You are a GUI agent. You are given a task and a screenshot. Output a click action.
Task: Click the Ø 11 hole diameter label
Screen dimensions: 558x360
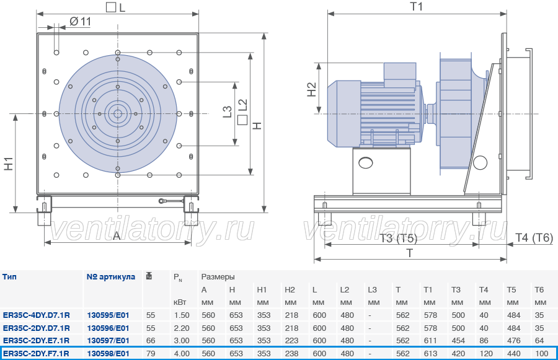(81, 22)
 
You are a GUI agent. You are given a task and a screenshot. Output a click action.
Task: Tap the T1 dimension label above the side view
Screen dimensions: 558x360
(417, 6)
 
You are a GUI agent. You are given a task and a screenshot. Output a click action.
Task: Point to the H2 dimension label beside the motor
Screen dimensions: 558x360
(311, 89)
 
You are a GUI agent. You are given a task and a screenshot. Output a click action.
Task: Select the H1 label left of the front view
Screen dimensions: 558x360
(9, 164)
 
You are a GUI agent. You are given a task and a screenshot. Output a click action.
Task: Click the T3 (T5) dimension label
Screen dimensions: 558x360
(398, 238)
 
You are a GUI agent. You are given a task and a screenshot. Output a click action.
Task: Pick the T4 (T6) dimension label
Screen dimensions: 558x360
(534, 238)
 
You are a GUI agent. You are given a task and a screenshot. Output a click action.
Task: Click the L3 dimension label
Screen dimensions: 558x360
(227, 112)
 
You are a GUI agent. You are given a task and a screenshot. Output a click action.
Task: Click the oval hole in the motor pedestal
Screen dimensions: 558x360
(366, 163)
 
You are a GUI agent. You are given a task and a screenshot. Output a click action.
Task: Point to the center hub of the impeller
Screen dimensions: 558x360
(117, 114)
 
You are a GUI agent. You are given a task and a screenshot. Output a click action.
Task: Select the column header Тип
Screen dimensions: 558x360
(9, 277)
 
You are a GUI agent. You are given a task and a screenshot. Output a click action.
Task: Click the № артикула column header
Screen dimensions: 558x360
(111, 277)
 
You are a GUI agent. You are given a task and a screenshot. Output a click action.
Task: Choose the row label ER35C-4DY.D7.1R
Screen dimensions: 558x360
(37, 315)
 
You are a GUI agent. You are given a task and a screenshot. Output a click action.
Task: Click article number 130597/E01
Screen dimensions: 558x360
(108, 340)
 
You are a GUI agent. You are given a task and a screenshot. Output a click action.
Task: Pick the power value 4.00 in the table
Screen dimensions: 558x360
(182, 354)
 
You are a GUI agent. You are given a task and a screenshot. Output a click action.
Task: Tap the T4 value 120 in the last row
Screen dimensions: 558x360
(486, 354)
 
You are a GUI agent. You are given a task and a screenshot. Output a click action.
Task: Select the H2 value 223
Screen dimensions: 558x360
(291, 340)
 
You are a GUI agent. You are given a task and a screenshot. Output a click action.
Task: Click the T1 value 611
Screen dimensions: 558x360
(430, 340)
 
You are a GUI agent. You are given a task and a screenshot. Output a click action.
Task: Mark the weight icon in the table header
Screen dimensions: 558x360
(149, 276)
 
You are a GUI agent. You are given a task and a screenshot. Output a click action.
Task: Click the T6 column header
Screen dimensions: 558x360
(539, 290)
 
